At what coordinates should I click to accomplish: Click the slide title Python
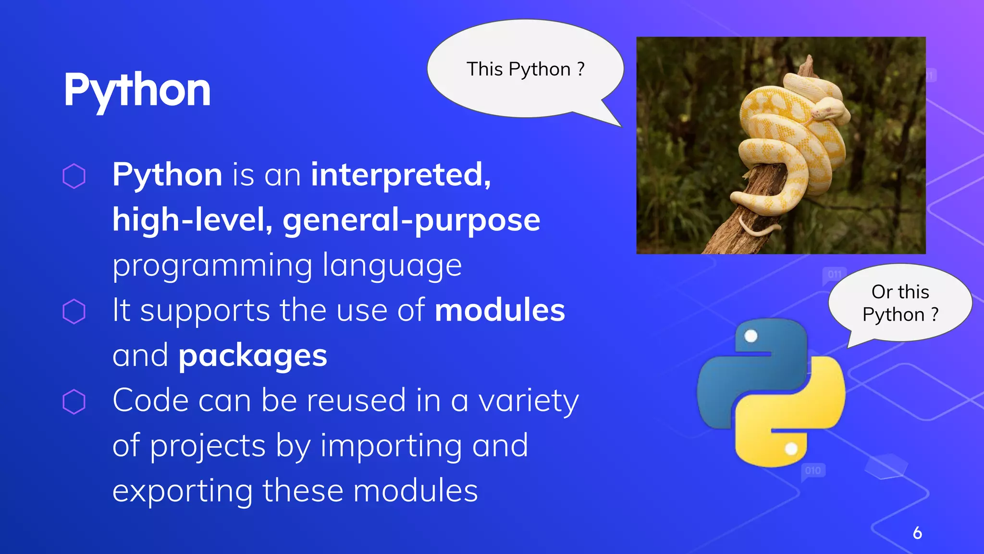[x=137, y=90]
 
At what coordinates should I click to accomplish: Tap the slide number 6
[x=917, y=533]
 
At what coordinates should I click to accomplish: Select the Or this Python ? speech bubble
[x=900, y=303]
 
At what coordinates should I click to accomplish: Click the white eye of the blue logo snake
[x=750, y=336]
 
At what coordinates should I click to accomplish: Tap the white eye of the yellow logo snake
[x=791, y=449]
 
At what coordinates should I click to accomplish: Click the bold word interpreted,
[x=401, y=175]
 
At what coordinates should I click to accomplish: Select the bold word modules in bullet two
[x=500, y=310]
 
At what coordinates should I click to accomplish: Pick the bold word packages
[x=253, y=356]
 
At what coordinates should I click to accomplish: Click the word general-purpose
[x=411, y=220]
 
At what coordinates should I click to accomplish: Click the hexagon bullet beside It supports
[x=74, y=311]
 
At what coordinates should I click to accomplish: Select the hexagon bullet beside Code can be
[x=74, y=401]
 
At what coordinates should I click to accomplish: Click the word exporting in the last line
[x=183, y=491]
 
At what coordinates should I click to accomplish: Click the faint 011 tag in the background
[x=835, y=274]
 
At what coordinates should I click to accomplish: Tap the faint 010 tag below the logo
[x=812, y=470]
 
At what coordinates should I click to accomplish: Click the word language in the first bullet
[x=392, y=265]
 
